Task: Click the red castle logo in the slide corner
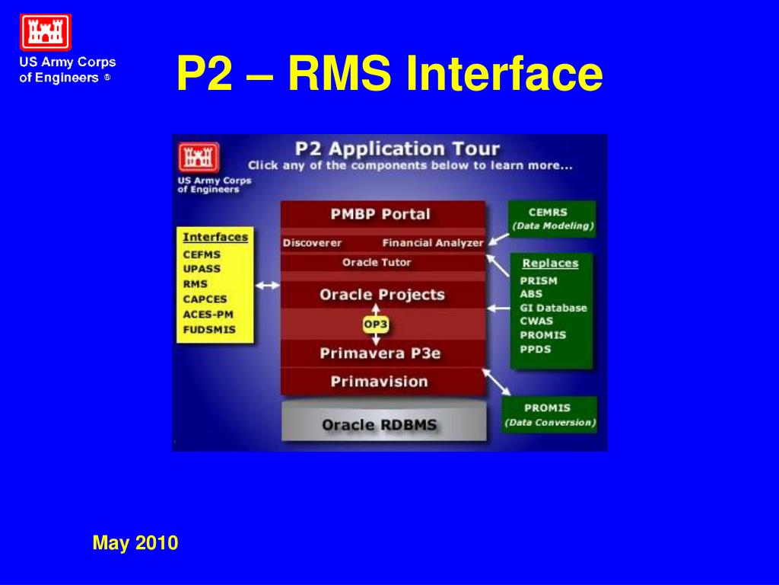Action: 45,32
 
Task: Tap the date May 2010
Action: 135,542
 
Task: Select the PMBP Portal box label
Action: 380,214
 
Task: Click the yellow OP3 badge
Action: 376,324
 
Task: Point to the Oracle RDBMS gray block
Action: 383,422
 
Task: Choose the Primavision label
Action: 379,382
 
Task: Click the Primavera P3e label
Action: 380,353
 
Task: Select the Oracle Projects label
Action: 382,295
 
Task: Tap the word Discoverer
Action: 312,243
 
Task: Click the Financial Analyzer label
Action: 433,243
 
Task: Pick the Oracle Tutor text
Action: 377,262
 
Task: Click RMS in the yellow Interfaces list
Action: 196,284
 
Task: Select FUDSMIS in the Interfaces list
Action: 209,329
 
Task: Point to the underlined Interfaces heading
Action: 215,238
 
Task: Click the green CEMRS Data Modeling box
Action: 552,219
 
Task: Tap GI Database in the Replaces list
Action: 554,308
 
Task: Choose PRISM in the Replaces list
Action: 539,280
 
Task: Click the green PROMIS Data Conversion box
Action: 549,414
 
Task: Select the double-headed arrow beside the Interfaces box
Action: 267,286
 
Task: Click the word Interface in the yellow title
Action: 504,73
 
